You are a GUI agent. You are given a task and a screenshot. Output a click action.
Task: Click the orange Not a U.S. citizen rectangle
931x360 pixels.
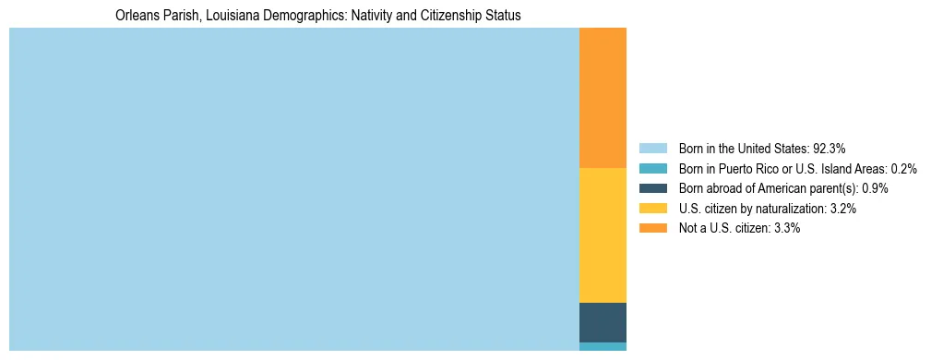tap(603, 98)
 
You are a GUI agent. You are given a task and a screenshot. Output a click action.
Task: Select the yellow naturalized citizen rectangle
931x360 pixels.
tap(603, 234)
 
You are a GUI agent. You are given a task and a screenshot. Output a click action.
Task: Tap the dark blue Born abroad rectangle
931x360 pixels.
tap(603, 322)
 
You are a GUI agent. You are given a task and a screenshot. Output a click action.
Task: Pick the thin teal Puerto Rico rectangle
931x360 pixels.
tap(603, 346)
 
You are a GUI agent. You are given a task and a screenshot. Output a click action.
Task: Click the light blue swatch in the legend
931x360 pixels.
tap(652, 149)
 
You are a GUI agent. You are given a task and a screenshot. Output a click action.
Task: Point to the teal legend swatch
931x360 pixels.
tap(652, 169)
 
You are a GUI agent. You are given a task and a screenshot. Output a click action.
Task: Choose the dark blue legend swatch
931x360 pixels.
tap(652, 188)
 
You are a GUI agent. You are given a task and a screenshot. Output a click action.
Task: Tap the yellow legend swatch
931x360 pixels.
tap(652, 209)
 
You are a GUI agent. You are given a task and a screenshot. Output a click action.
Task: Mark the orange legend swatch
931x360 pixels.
tap(652, 228)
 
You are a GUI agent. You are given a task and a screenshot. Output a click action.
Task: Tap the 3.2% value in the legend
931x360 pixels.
tap(842, 209)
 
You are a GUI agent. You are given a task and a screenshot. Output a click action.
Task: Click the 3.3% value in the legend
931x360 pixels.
tap(785, 228)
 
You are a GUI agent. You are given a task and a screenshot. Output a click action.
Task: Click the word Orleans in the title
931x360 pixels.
tap(136, 16)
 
